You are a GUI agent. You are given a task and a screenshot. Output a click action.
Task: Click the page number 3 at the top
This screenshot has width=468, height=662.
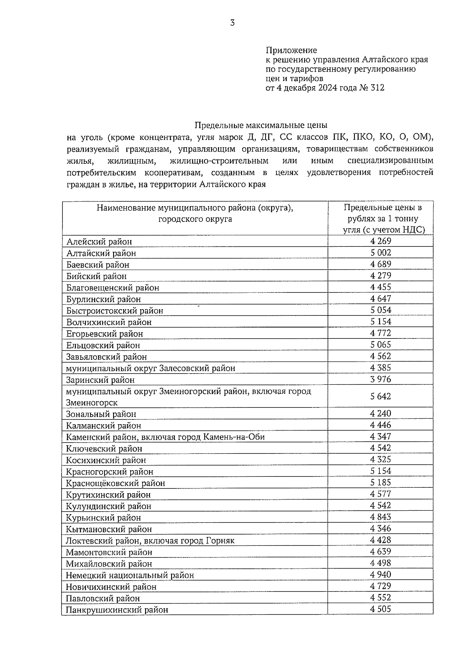pos(232,23)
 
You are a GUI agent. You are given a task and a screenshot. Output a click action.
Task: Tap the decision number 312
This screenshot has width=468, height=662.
pos(377,88)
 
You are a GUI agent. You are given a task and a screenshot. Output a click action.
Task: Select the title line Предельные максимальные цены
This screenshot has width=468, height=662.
pos(261,126)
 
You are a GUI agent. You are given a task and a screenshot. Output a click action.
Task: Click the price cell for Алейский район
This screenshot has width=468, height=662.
pos(381,241)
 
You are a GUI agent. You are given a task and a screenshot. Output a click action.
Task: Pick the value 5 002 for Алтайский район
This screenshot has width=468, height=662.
pos(381,253)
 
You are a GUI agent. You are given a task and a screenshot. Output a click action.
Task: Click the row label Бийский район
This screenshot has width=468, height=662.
pos(96,276)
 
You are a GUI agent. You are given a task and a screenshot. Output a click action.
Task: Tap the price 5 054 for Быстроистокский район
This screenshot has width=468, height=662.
pos(381,310)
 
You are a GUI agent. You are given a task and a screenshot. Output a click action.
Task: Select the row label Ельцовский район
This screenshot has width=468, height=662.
pos(103,345)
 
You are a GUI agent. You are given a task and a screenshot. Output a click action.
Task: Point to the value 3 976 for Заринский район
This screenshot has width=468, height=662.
pos(381,379)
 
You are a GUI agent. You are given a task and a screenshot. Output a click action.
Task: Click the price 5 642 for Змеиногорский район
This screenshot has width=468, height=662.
pos(381,396)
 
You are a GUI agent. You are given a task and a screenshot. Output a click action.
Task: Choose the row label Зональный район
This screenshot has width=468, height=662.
pos(101,414)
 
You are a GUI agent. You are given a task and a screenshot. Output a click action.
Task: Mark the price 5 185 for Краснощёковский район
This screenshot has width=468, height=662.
pos(381,483)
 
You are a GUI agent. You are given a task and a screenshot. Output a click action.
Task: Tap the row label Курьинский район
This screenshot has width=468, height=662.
pos(103,518)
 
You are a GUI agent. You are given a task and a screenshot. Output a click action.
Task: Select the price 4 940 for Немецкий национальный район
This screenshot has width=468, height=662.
pos(381,575)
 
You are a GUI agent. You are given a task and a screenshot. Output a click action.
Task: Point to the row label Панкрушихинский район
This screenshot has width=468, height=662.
pos(117,610)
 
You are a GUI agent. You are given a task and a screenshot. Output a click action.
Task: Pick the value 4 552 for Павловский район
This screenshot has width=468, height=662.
pos(381,598)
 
